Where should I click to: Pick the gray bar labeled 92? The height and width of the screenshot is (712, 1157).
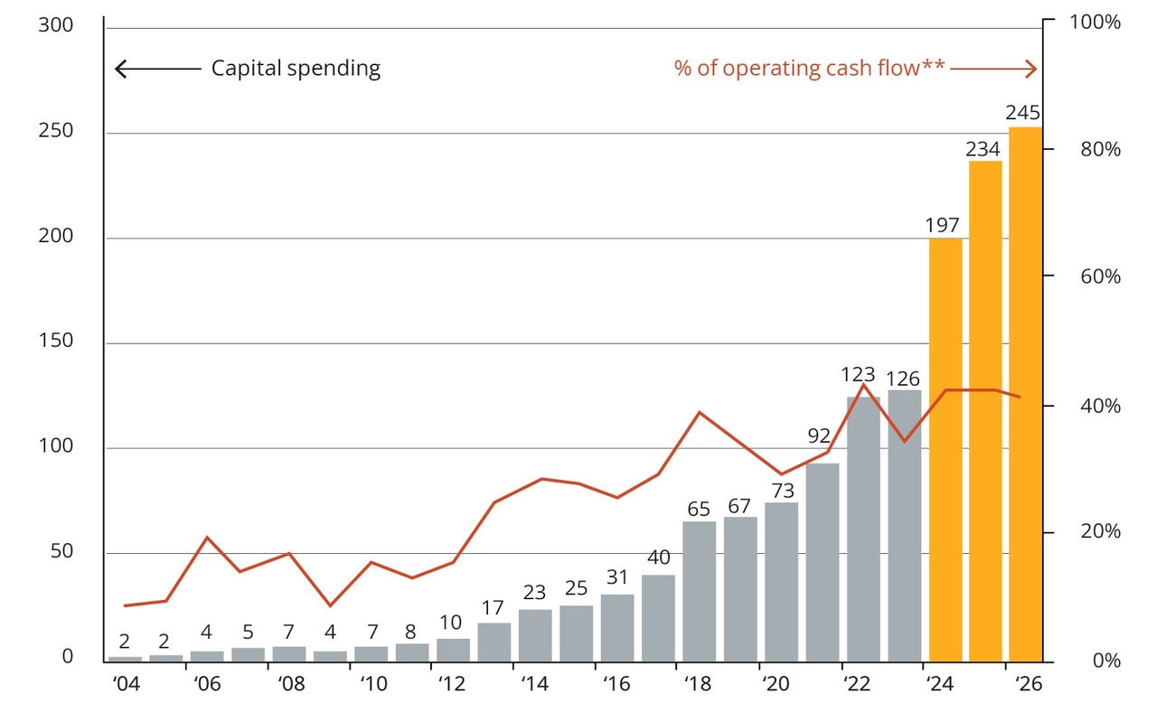pos(823,561)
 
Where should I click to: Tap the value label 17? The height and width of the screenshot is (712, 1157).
pos(494,608)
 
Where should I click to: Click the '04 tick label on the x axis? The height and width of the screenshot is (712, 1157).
pos(126,684)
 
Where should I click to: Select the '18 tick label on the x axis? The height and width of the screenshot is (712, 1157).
pos(699,684)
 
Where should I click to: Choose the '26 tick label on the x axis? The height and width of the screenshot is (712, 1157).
pos(1029,684)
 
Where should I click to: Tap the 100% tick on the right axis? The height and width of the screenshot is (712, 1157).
pos(1094,22)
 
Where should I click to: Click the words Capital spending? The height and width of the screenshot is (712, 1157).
pos(296,69)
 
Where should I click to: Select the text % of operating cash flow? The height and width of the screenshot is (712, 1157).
pos(795,69)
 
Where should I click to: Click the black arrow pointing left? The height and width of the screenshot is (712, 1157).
pos(157,69)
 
